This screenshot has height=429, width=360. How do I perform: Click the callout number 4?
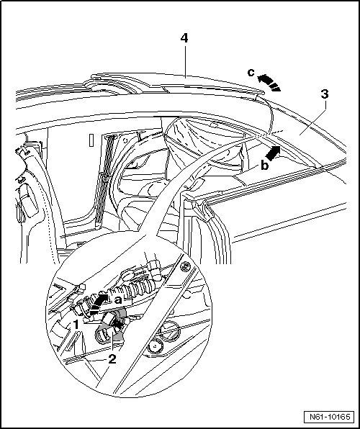pos(184,38)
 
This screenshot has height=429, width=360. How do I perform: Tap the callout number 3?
pos(325,94)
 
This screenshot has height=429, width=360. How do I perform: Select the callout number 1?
pos(76,325)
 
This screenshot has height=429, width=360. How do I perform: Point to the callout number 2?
pos(112,359)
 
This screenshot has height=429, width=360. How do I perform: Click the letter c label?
pos(251,73)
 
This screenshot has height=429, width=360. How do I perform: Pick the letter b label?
pos(264,166)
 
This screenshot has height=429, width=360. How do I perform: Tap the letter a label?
pos(118,300)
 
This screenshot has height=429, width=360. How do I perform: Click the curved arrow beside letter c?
pos(269,82)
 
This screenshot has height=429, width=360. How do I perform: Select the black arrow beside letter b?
pos(273,153)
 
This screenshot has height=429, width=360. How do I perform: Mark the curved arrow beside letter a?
pos(96,303)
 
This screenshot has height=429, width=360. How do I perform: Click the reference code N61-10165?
pos(330,417)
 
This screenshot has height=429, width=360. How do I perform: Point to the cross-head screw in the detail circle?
pos(186,266)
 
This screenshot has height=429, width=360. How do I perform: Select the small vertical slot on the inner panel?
pos(91,140)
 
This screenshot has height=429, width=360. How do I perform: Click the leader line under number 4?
pos(185,62)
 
